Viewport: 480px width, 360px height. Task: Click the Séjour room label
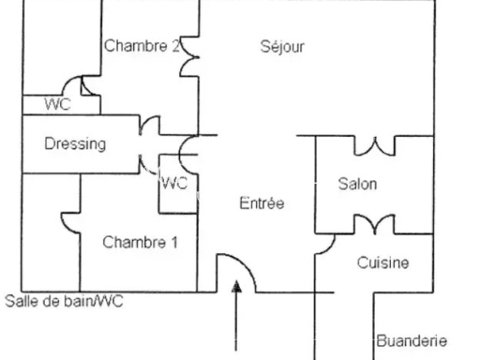(282, 47)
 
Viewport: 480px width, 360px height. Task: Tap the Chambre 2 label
(142, 45)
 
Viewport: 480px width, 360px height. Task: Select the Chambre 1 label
(140, 242)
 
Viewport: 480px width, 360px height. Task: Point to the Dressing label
(75, 144)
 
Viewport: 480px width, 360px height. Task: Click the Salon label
(358, 184)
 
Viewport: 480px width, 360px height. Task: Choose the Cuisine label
(383, 263)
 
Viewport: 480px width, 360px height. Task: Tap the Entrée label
(262, 203)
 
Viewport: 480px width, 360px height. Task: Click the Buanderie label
(412, 341)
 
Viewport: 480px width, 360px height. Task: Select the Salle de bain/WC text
(64, 301)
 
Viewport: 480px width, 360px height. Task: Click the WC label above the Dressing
(58, 104)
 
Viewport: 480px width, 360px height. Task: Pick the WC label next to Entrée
(174, 183)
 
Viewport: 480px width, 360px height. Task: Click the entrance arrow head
(236, 286)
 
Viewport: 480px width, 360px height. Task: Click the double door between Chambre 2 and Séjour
(188, 57)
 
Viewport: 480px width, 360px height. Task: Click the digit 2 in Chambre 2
(175, 45)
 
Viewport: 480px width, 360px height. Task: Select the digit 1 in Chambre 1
(174, 242)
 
